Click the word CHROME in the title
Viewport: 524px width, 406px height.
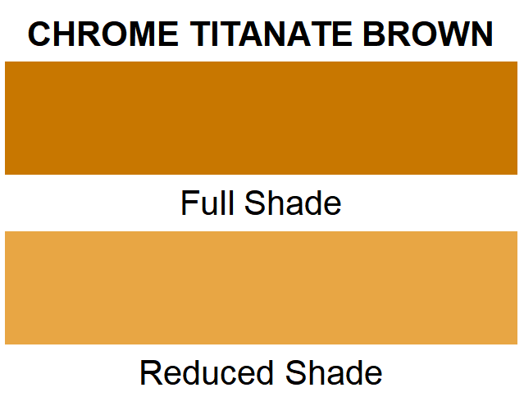[x=104, y=34]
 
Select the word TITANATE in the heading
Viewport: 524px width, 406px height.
[x=270, y=34]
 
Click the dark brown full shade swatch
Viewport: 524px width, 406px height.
[x=262, y=118]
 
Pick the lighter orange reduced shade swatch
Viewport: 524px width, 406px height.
[x=262, y=288]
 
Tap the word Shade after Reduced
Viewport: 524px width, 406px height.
[x=334, y=373]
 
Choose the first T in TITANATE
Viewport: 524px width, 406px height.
[x=199, y=34]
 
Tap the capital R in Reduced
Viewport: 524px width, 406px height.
[x=150, y=373]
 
